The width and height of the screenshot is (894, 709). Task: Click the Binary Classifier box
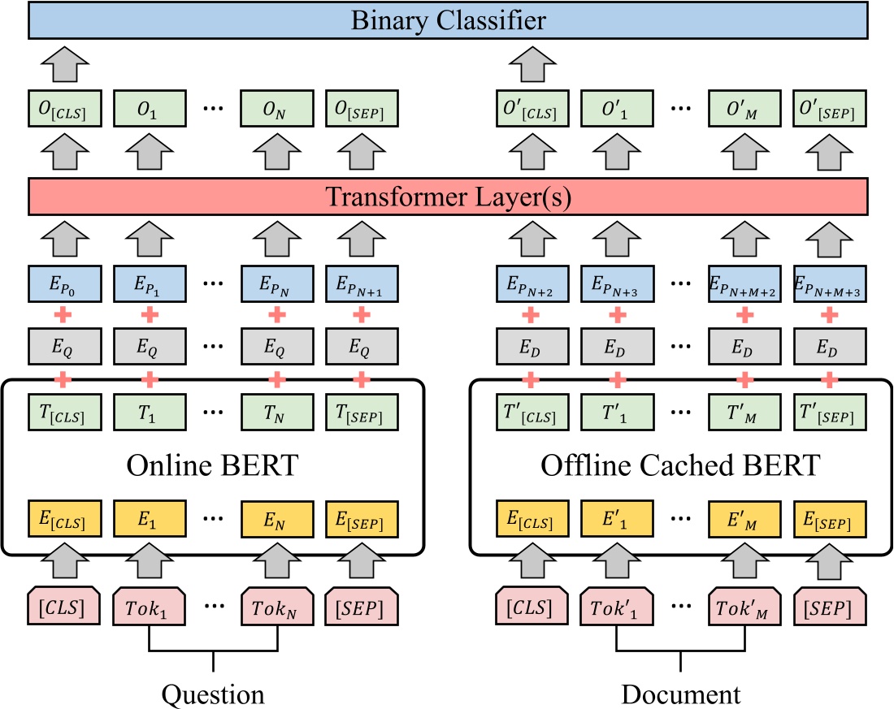click(x=446, y=19)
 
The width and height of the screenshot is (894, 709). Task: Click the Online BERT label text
click(x=212, y=467)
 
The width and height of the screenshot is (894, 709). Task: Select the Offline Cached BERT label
click(x=680, y=467)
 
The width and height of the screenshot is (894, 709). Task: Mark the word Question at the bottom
click(x=214, y=694)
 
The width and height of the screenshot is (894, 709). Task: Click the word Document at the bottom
click(x=681, y=694)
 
